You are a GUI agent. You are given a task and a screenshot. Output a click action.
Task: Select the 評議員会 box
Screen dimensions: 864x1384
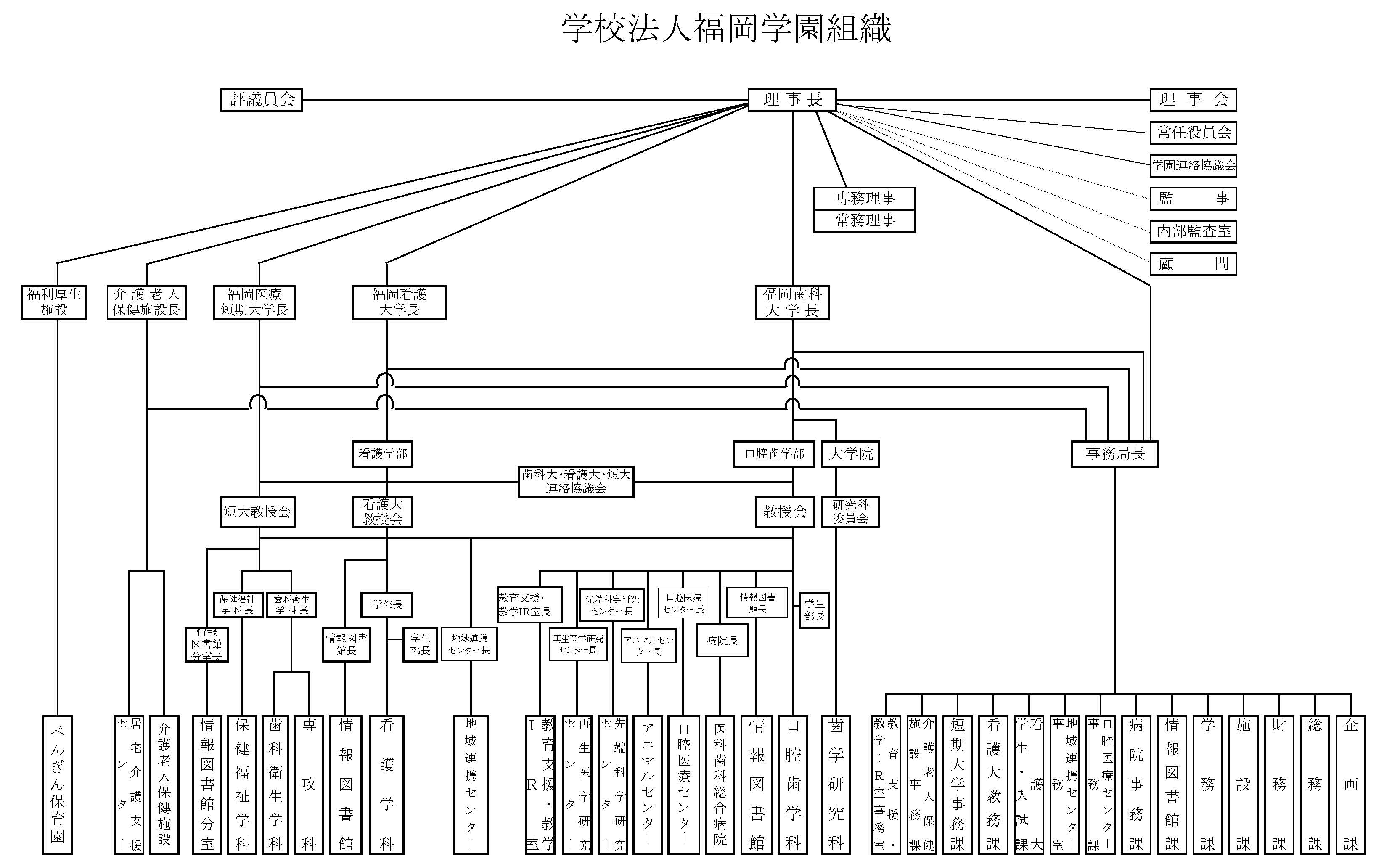[262, 100]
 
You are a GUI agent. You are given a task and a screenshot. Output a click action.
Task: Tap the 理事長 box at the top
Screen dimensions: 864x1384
[792, 100]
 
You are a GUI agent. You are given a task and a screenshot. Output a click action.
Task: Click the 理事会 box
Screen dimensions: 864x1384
[1193, 100]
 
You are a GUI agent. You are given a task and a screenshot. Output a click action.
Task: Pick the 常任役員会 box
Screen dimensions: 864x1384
[1193, 133]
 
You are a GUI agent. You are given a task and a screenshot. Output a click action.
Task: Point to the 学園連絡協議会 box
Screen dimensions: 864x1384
[1193, 166]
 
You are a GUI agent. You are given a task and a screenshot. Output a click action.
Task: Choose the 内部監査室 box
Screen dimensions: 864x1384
[1193, 231]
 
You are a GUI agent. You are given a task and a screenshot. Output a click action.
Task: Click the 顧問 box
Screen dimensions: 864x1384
[1193, 264]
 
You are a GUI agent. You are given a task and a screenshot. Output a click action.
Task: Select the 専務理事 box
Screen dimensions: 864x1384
[864, 198]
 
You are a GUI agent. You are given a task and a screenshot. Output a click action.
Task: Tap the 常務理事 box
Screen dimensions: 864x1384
[864, 220]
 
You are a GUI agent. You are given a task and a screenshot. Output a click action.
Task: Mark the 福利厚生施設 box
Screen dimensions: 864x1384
[54, 302]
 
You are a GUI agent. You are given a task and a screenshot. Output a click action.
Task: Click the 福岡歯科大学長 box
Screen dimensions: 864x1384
[792, 302]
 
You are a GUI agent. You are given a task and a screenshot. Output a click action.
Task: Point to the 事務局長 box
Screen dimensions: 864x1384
[1114, 454]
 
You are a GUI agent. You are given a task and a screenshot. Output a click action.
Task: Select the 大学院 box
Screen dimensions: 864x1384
[850, 454]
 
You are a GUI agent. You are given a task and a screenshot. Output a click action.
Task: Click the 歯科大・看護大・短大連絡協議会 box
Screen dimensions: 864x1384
[576, 482]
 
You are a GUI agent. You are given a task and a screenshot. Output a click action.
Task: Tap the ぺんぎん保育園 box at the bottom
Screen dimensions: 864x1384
[58, 784]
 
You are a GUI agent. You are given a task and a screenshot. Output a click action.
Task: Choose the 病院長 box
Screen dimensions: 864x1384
[722, 641]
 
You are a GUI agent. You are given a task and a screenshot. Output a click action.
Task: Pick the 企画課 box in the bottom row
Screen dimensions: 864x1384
[1350, 784]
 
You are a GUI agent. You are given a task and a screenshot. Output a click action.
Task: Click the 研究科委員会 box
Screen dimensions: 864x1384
[850, 512]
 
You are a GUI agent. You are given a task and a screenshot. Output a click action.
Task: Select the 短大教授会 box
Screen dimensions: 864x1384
[258, 512]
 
